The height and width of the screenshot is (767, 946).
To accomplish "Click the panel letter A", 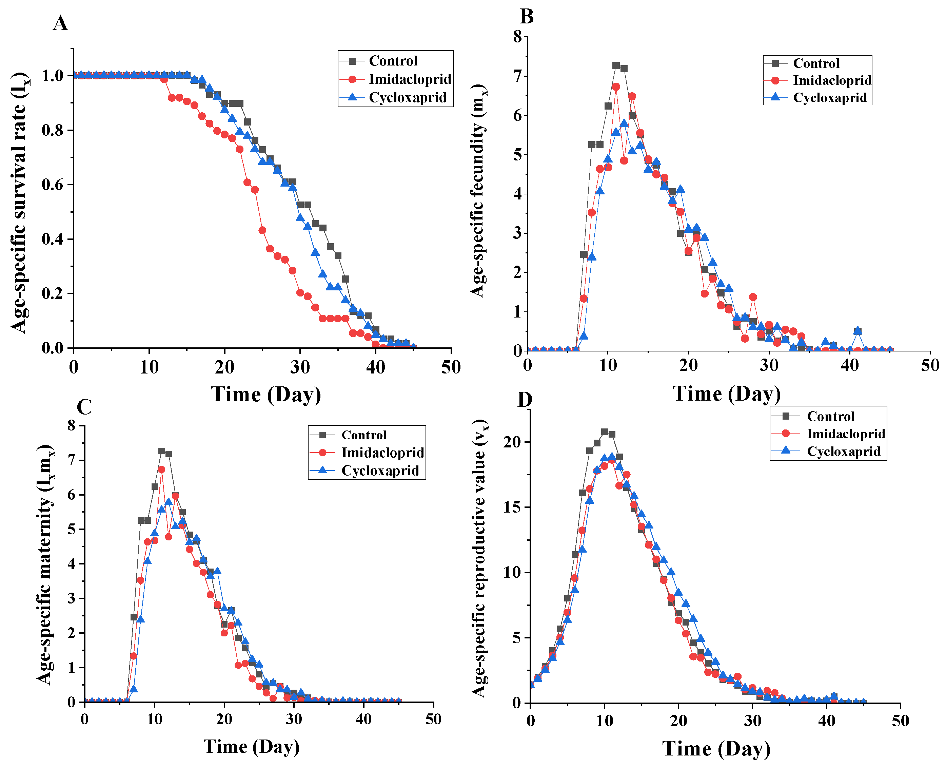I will point(60,23).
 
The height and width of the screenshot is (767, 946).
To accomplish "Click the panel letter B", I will point(527,16).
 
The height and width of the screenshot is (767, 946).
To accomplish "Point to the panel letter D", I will point(525,399).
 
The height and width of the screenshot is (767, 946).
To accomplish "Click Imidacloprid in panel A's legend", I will point(410,79).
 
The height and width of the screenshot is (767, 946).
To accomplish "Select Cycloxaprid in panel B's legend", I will point(829,98).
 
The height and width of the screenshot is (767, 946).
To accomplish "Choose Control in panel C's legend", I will point(364,435).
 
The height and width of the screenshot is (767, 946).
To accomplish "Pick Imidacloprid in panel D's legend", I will point(846,434).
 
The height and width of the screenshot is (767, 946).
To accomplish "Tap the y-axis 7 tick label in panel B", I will point(517,76).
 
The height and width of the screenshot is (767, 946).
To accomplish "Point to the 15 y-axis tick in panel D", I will point(512,507).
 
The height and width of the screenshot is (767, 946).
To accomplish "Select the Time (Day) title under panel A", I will point(265,394).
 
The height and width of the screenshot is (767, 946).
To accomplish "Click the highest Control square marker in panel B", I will point(616,65).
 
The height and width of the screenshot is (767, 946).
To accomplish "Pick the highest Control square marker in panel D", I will point(605,432).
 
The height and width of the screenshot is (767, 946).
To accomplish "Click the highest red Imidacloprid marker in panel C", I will point(162,469).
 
